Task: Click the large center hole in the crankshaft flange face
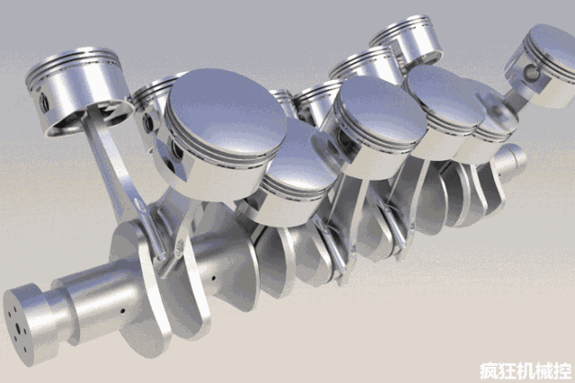click(17, 325)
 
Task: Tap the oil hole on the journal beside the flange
click(122, 311)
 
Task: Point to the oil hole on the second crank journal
click(213, 278)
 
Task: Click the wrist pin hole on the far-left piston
click(44, 102)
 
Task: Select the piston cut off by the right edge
click(543, 66)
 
